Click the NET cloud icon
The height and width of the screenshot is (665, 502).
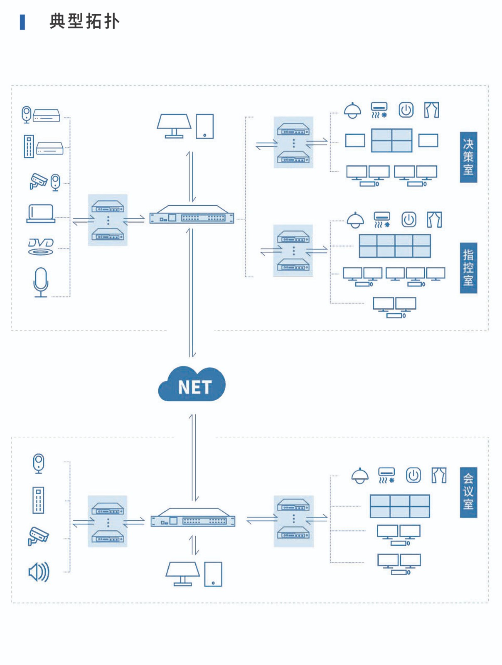coord(192,384)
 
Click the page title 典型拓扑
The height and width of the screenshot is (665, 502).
coord(85,21)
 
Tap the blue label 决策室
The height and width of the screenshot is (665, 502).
coord(468,157)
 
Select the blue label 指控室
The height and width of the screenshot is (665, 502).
coord(468,268)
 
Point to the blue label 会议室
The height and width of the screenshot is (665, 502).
coord(468,492)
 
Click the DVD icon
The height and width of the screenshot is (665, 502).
coord(41,246)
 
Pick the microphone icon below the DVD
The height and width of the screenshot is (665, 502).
coord(41,282)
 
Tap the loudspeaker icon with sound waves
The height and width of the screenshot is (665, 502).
coord(39,572)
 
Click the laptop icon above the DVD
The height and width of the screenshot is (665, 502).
coord(41,214)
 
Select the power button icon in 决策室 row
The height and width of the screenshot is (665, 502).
coord(406,110)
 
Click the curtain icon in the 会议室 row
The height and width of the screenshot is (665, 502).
coord(439,475)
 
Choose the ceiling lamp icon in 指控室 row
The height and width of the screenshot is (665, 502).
coord(355,220)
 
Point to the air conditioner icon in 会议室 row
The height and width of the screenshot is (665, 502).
coord(386,475)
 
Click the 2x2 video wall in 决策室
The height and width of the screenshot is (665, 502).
coord(391,140)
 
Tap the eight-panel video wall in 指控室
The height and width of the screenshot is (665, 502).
coord(395,246)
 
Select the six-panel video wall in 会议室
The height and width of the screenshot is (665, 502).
coord(400,506)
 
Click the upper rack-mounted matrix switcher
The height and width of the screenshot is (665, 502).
coord(192,215)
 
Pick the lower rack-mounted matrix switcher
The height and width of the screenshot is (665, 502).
coord(193,518)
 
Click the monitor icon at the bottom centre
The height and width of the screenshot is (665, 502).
coord(182,574)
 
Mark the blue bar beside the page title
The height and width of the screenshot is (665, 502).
coord(22,22)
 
